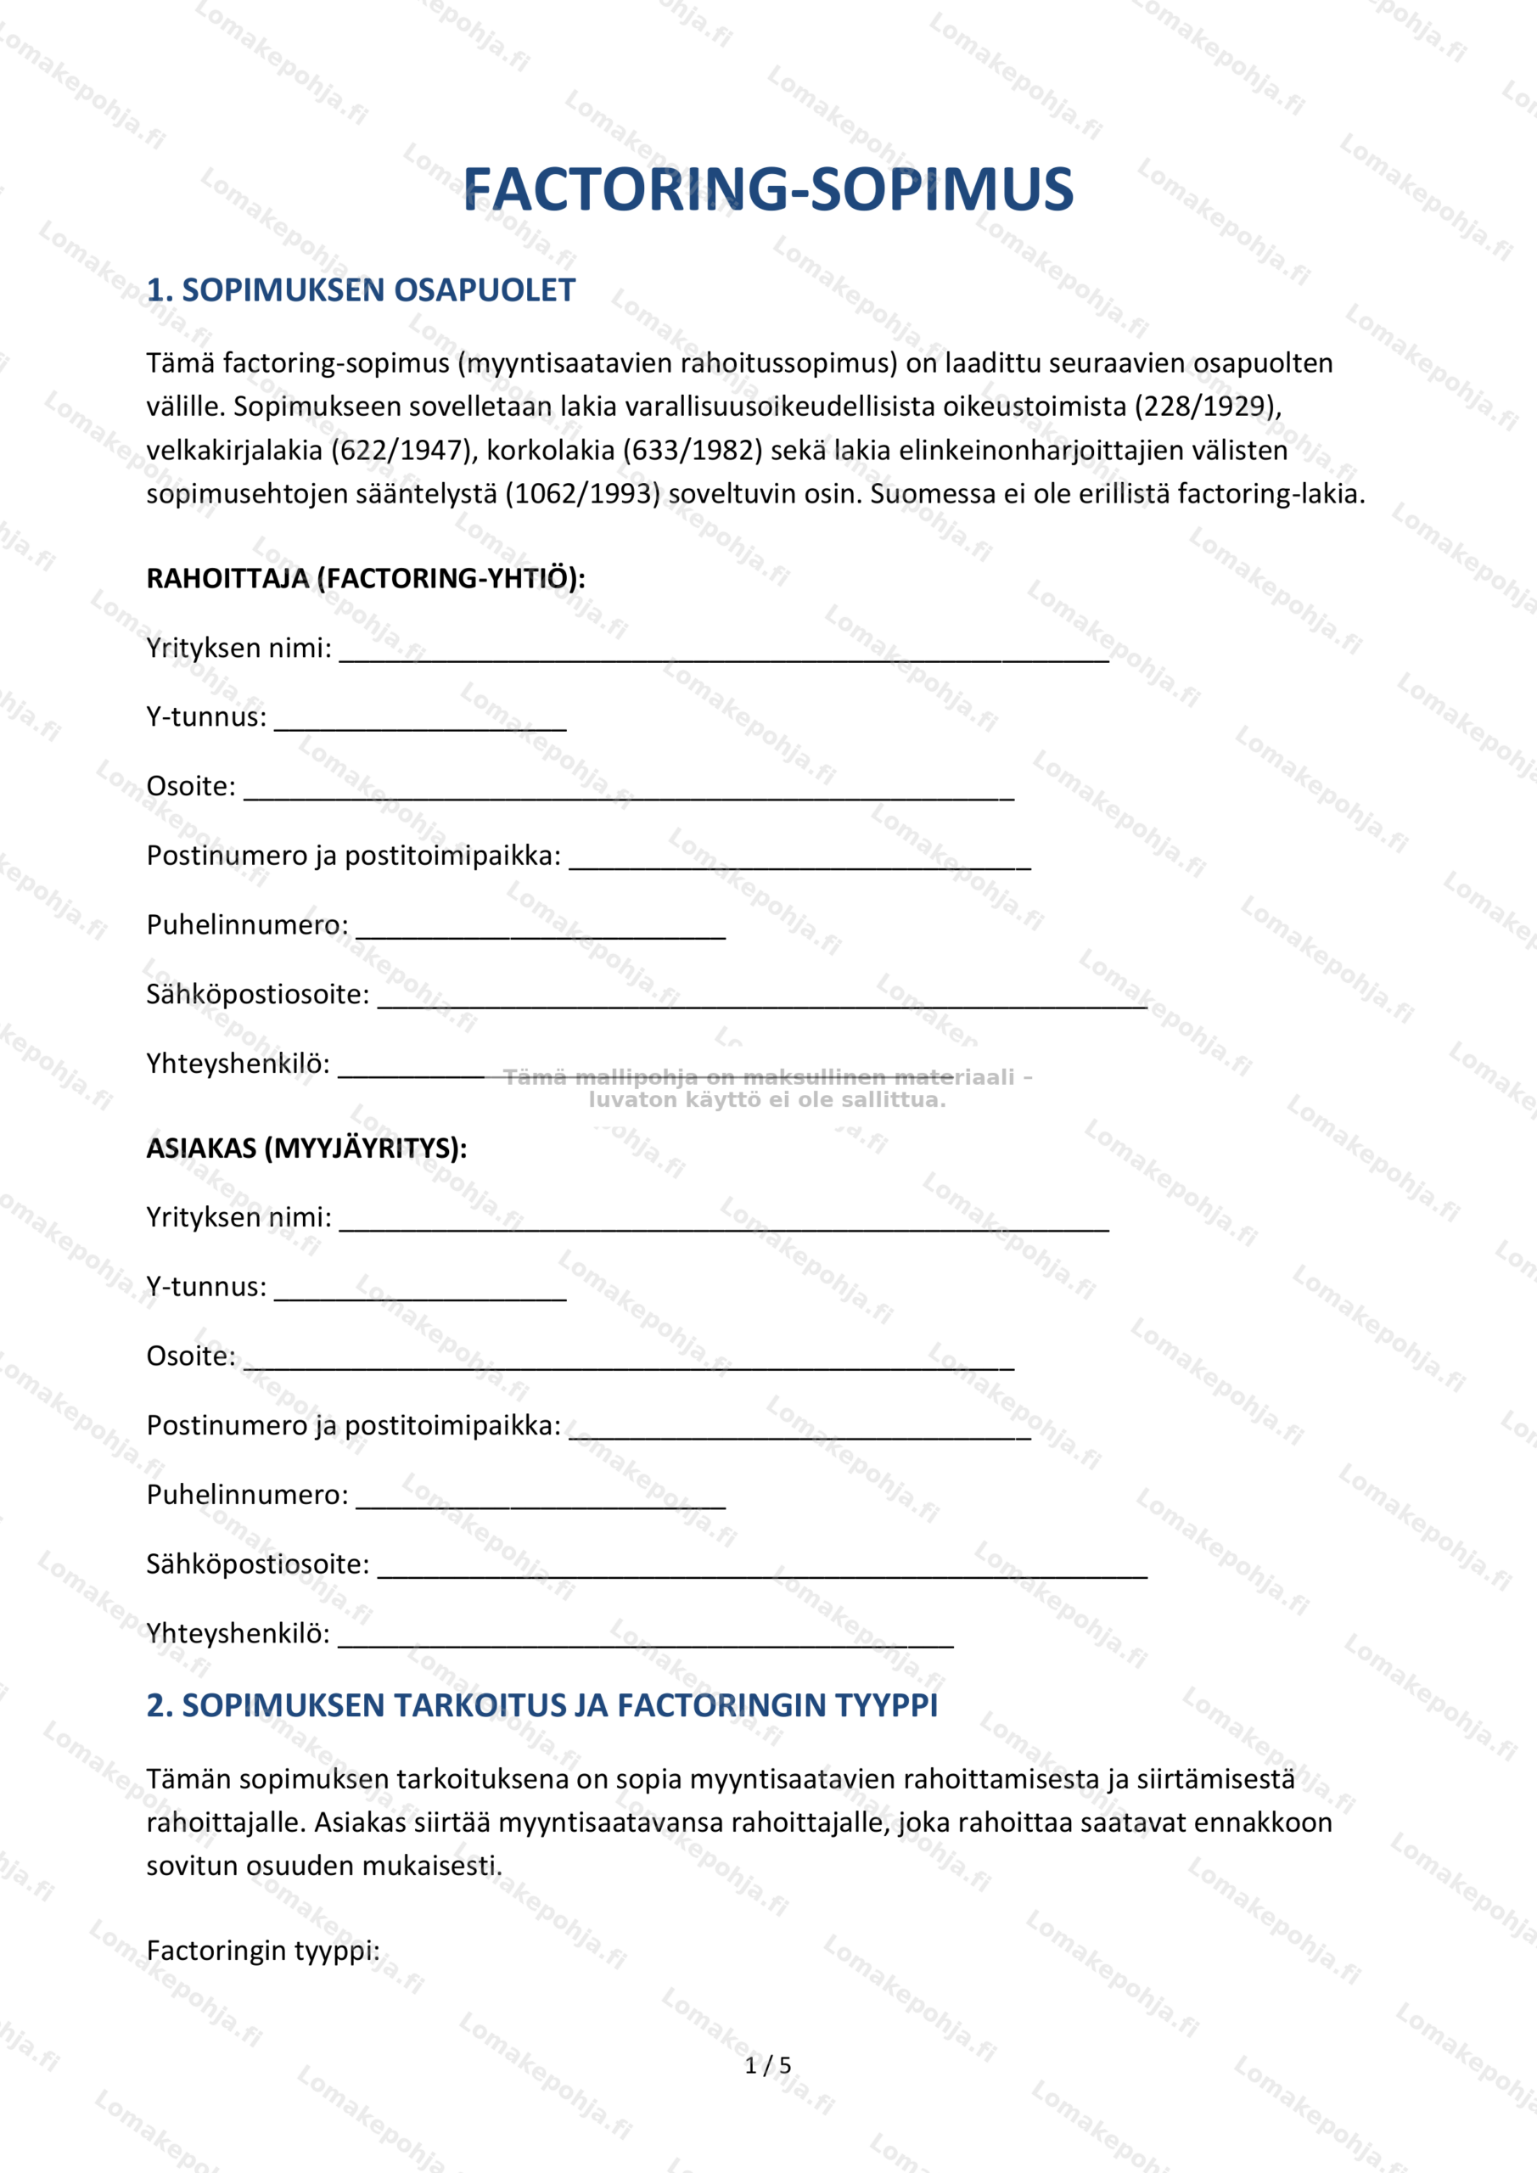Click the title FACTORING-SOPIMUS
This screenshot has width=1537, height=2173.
pyautogui.click(x=767, y=189)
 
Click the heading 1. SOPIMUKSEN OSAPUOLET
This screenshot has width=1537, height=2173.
pyautogui.click(x=361, y=290)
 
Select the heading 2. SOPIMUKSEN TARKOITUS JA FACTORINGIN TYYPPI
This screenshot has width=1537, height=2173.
pyautogui.click(x=541, y=1705)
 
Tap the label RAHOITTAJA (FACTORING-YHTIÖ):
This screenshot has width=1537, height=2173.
pyautogui.click(x=365, y=578)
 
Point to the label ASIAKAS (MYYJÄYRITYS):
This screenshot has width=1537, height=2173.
pyautogui.click(x=306, y=1148)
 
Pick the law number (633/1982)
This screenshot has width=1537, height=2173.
pyautogui.click(x=693, y=451)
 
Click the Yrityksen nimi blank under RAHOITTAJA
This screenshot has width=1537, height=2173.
pyautogui.click(x=724, y=655)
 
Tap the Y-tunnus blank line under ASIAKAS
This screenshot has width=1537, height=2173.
pyautogui.click(x=420, y=1294)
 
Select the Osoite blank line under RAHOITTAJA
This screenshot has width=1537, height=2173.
pyautogui.click(x=628, y=793)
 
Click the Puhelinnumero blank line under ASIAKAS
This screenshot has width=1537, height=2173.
pyautogui.click(x=541, y=1501)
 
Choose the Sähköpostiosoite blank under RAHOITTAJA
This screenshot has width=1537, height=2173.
pyautogui.click(x=762, y=1002)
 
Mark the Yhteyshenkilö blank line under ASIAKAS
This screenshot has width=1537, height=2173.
pyautogui.click(x=646, y=1640)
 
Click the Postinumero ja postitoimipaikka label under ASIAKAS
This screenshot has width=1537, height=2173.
pyautogui.click(x=353, y=1425)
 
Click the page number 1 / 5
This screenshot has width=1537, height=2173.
pyautogui.click(x=767, y=2065)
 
